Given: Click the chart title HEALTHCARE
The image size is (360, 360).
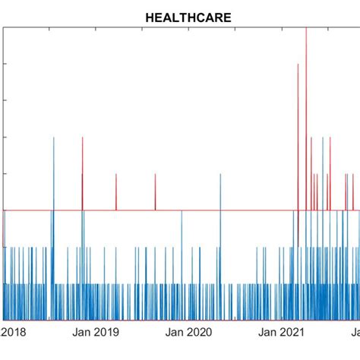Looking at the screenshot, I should point(179,16).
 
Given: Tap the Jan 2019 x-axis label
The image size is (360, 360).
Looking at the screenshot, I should point(97,332).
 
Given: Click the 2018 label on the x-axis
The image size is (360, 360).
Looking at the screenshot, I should point(14,332).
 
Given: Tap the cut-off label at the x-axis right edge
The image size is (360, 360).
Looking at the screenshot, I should point(355,332).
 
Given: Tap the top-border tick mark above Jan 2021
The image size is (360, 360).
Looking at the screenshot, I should point(281,29).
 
